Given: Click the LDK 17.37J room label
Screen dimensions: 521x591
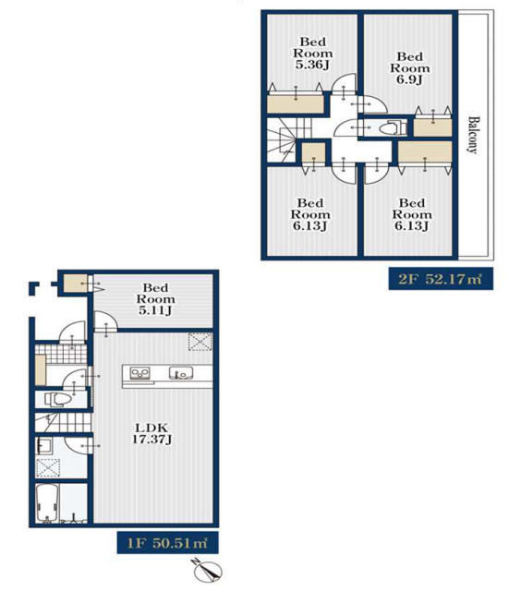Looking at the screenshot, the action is [151, 433].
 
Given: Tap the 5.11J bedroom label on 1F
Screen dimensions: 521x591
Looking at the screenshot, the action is [155, 299].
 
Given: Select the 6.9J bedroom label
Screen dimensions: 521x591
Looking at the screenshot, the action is [410, 68].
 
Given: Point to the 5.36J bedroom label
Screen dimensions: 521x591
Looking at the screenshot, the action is [313, 54].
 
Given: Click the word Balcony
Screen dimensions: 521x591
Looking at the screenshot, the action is [473, 135].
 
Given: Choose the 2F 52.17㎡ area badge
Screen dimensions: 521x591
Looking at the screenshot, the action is [441, 279].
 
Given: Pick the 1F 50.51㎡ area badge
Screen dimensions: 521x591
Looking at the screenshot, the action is [168, 543].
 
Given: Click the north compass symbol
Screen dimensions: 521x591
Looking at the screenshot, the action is [207, 570].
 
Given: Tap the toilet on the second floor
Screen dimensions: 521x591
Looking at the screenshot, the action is [393, 127].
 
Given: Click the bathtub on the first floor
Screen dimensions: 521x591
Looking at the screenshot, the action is [47, 503].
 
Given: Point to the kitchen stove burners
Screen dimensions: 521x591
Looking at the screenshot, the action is [139, 373].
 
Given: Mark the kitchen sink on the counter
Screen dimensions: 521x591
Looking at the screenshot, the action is [181, 373].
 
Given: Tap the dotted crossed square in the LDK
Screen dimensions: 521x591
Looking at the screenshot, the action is [200, 342].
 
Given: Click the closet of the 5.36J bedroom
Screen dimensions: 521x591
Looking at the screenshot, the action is [296, 104].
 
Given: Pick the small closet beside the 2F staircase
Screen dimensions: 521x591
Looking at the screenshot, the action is [314, 154].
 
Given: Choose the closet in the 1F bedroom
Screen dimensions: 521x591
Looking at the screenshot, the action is [76, 283].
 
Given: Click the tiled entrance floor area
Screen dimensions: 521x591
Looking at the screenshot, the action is [61, 354].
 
